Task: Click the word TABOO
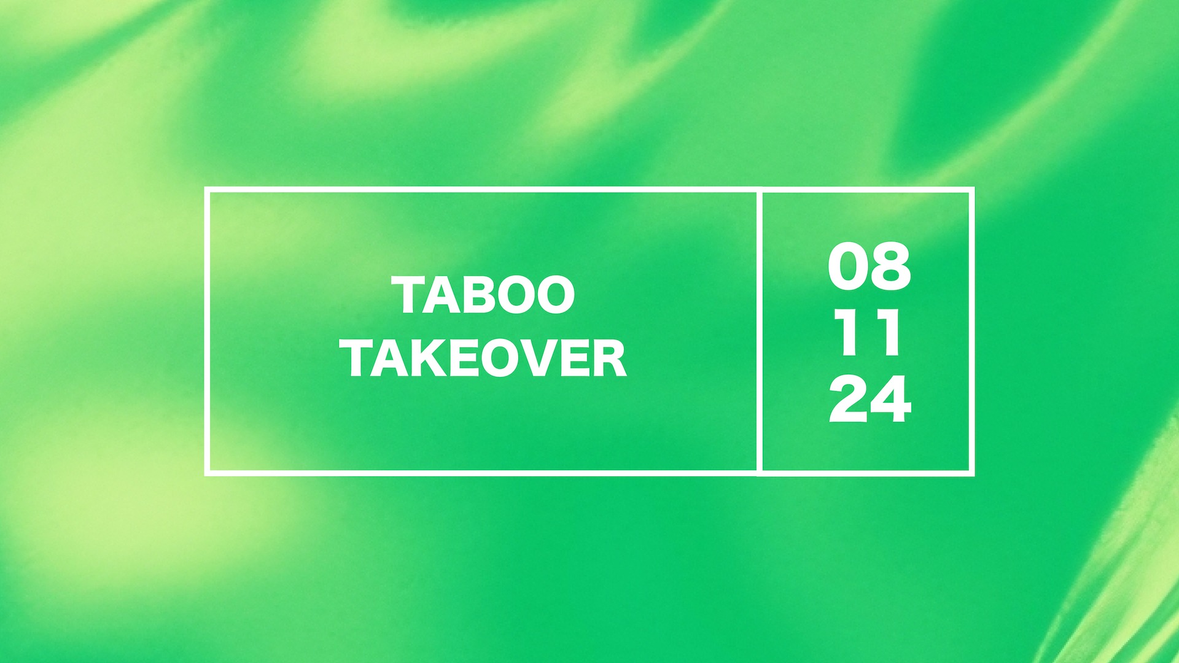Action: click(x=483, y=295)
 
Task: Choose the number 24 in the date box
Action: click(x=870, y=399)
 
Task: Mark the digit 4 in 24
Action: click(x=891, y=399)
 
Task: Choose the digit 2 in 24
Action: click(x=849, y=399)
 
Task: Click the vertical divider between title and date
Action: click(x=760, y=331)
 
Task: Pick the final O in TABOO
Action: click(x=554, y=295)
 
